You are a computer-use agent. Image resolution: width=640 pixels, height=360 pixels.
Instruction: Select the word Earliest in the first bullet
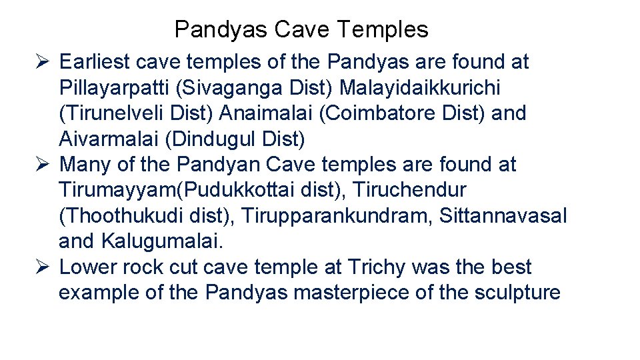(94, 62)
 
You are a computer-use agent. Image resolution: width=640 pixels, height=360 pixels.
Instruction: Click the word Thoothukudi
(122, 215)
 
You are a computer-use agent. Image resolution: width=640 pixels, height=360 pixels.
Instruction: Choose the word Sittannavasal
(503, 215)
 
